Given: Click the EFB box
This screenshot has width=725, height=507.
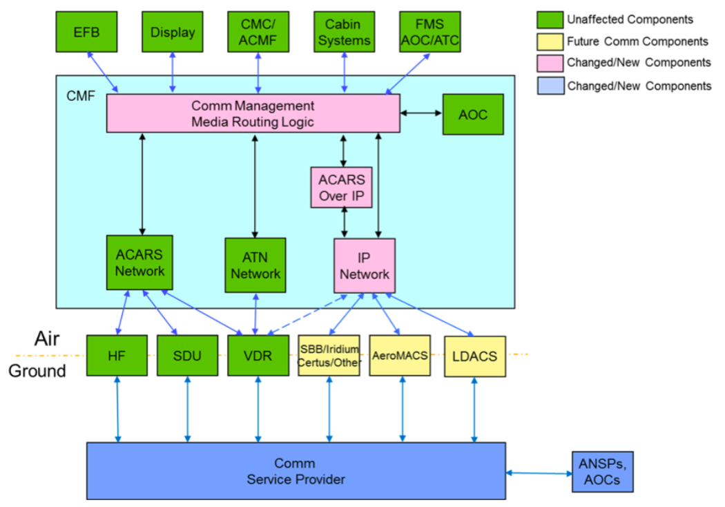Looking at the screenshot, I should pos(86,32).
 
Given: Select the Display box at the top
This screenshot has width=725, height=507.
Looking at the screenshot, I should pos(173,32).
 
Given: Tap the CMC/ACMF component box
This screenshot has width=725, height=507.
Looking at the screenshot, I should pos(258,32).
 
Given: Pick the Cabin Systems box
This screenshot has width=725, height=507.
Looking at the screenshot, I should pos(344,32).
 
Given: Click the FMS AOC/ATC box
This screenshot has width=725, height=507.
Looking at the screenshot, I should pos(429,32).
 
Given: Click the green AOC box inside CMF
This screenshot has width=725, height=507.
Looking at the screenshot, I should pos(472,114).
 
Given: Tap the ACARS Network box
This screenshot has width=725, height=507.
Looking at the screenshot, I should pos(140,262).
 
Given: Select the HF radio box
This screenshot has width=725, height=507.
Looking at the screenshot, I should pos(117,356).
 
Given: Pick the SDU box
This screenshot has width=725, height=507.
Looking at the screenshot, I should pos(188,356).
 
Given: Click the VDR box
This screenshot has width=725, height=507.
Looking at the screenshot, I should pos(258,356).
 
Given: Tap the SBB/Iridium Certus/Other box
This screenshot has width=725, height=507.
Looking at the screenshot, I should pos(329,356).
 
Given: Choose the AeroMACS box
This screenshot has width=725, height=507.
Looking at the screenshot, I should pos(400,356).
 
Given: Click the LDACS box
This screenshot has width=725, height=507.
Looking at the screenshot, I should pos(474,356).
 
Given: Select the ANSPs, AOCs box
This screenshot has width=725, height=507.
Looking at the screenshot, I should pos(603,472).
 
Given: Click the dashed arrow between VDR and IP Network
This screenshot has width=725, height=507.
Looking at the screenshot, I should pos(313,316).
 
